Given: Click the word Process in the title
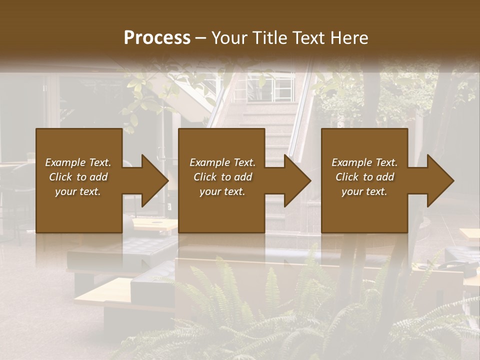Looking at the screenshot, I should [x=157, y=38].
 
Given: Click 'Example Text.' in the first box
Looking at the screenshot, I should [x=78, y=162].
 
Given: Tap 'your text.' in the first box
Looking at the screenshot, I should [x=78, y=191].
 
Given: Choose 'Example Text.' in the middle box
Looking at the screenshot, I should [x=222, y=162].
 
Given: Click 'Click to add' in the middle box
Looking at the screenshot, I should [x=222, y=177].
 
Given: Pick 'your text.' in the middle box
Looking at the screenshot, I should [x=222, y=191].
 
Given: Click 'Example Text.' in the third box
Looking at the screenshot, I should [x=364, y=162].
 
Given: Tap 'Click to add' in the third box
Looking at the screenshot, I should [x=364, y=177].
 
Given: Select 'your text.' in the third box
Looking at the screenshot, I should [x=364, y=191].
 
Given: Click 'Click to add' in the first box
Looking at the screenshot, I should [x=78, y=177].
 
